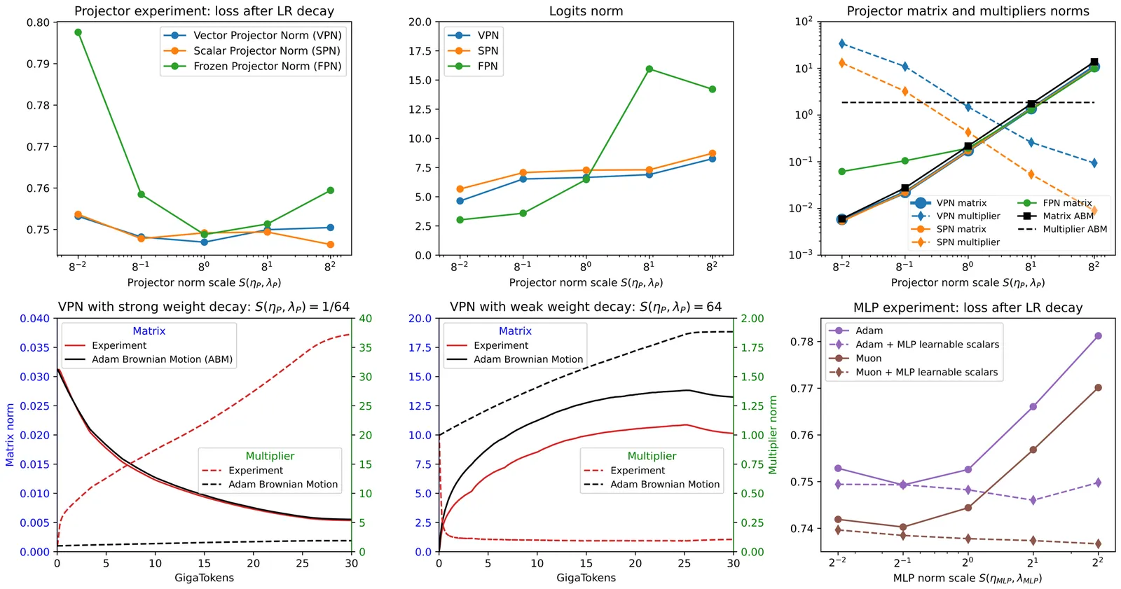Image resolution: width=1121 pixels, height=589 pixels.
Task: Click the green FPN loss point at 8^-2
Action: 78,32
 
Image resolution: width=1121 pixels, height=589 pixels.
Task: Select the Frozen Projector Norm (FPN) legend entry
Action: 267,67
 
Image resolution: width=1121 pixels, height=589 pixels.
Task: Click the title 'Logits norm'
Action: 586,11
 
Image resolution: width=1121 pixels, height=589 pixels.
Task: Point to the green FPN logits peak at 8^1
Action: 649,69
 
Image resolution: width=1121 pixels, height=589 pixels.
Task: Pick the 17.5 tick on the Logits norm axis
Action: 420,51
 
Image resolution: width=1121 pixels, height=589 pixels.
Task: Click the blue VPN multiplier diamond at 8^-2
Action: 842,44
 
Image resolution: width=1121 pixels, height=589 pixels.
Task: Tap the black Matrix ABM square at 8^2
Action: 1094,62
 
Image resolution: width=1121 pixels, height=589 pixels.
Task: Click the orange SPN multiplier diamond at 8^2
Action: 1094,211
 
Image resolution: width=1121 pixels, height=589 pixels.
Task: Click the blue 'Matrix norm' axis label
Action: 10,435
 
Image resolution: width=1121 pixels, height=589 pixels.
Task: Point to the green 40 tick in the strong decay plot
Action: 366,319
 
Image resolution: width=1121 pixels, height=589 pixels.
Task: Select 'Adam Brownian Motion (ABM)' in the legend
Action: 162,359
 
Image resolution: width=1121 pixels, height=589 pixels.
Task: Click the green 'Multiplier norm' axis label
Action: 773,435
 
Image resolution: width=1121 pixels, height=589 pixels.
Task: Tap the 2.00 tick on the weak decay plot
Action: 752,319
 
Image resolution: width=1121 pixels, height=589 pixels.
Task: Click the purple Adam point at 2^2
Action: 1098,336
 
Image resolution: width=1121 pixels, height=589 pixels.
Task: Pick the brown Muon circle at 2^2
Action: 1098,387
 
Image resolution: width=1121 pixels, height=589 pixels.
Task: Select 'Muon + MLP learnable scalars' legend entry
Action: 926,373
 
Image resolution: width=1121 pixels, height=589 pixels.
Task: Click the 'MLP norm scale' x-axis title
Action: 967,578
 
